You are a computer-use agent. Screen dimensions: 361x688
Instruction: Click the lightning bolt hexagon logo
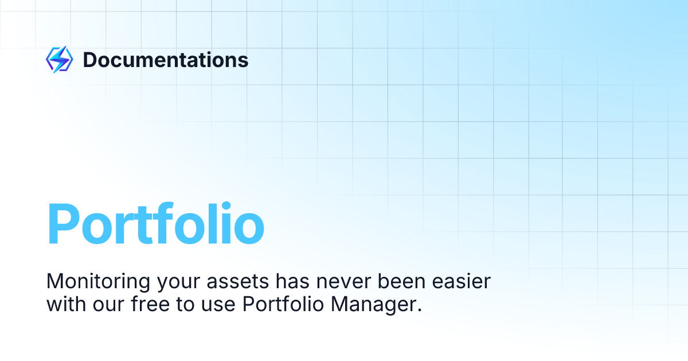pos(59,60)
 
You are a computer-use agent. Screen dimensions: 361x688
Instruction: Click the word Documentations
pos(166,60)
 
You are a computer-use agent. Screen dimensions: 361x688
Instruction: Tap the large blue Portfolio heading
pos(155,225)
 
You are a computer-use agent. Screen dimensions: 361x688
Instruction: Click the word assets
pos(238,282)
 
